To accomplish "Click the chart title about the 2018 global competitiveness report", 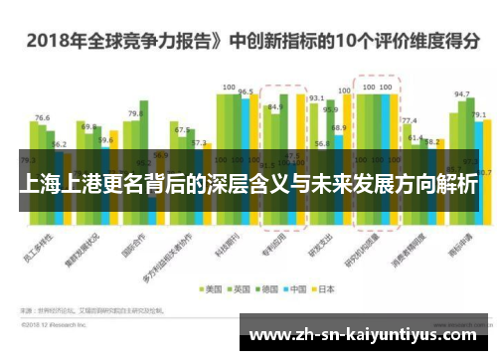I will pyautogui.click(x=248, y=43).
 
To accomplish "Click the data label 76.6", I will pyautogui.click(x=42, y=118).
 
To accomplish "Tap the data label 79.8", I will pyautogui.click(x=135, y=114).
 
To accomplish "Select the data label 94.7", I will pyautogui.click(x=461, y=94).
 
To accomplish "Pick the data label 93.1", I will pyautogui.click(x=317, y=98).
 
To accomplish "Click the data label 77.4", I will pyautogui.click(x=409, y=120).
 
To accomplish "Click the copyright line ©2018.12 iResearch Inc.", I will pyautogui.click(x=55, y=323).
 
